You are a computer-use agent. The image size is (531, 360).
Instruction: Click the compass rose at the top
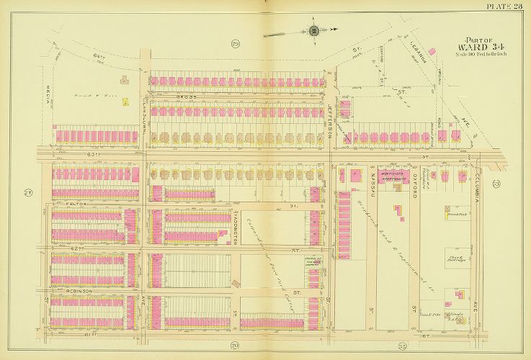pos(314,30)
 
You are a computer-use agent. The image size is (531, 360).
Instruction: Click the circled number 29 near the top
pos(236,45)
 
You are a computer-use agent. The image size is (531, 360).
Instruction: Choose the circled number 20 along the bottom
pos(235,346)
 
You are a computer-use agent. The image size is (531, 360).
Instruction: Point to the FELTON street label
pos(74,204)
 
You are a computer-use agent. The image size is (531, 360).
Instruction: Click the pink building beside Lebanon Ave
pos(433,51)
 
